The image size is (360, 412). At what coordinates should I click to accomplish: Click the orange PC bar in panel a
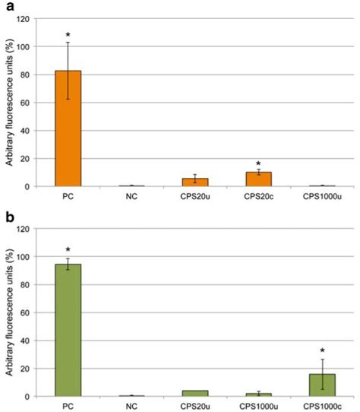[x=68, y=128]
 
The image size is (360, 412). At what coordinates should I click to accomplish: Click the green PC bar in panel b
[x=68, y=330]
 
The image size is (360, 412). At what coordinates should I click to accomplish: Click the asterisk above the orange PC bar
[x=68, y=35]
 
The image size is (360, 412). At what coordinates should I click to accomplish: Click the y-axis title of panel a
[x=9, y=103]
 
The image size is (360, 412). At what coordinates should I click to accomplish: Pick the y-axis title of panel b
[x=9, y=312]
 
